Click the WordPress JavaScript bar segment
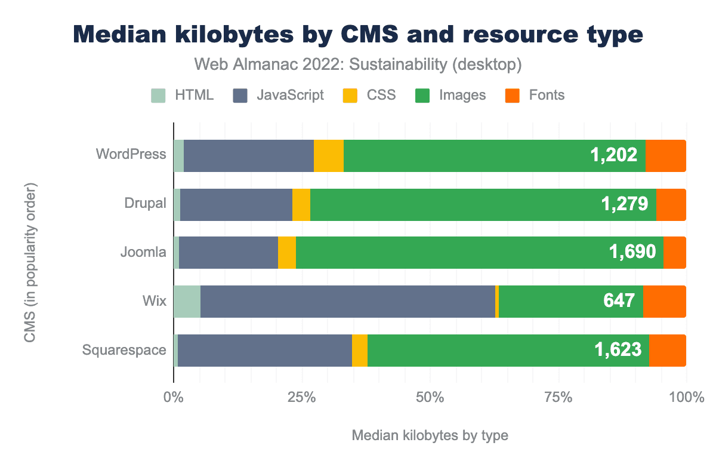248,156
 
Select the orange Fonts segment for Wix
664,301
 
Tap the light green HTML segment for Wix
187,301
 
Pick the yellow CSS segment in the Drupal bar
301,205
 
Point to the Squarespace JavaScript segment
265,350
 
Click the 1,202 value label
614,156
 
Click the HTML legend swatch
158,95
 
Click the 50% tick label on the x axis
430,397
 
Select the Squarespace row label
124,350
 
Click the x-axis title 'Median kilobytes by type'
430,435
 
